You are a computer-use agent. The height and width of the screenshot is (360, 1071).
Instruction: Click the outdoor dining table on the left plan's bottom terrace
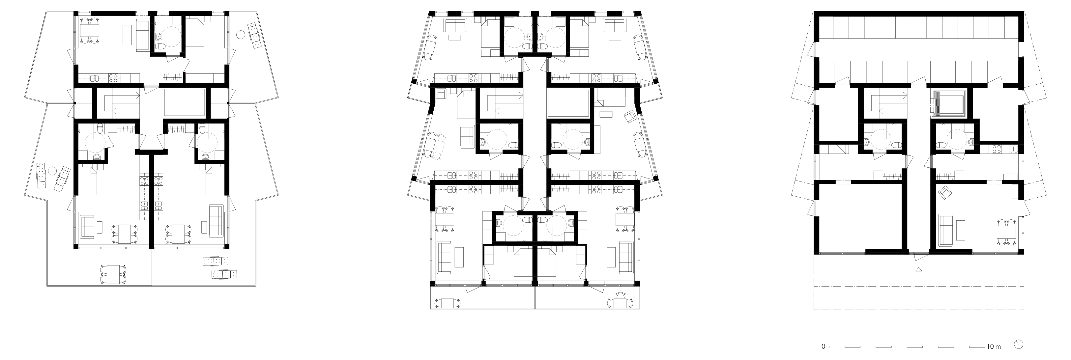coord(113,274)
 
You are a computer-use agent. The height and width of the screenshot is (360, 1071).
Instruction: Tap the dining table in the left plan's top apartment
coord(90,31)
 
